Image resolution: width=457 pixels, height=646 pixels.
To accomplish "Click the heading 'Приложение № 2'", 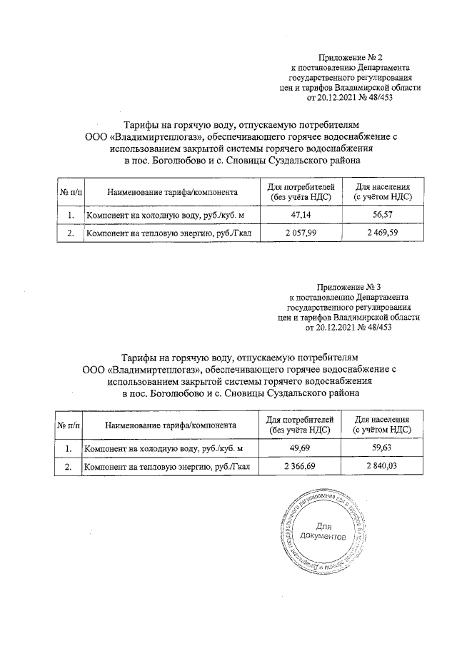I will tap(349, 56).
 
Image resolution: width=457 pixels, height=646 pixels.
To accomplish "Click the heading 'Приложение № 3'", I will tap(349, 288).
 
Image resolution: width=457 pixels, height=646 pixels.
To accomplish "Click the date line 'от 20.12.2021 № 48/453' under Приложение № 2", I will tap(349, 97).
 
